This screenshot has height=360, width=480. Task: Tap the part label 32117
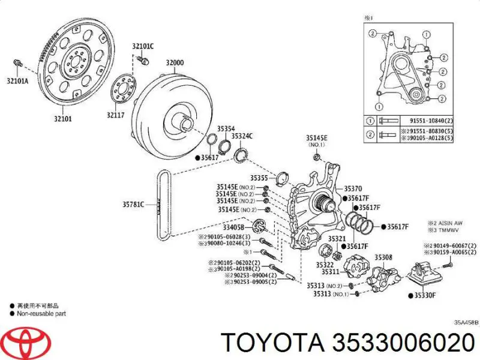(116, 115)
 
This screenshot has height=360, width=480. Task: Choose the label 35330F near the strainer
(428, 295)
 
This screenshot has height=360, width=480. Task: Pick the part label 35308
(383, 258)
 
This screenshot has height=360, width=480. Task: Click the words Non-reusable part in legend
(41, 313)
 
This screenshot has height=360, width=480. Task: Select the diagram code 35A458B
(466, 323)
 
